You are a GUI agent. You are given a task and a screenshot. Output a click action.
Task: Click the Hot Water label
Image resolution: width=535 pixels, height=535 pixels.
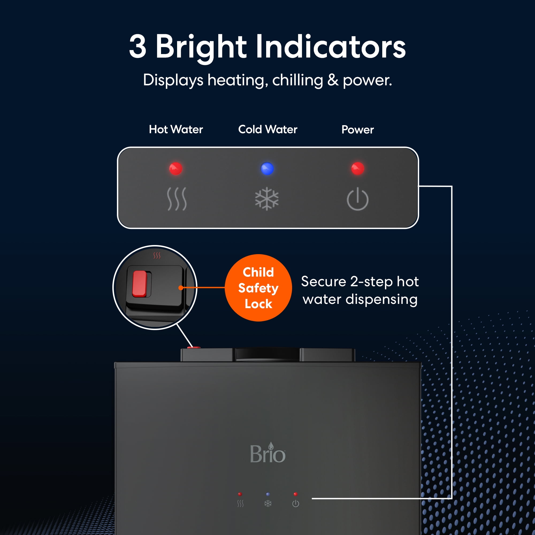[176, 129]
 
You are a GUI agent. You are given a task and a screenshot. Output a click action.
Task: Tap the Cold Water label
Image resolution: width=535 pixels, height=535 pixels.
[268, 129]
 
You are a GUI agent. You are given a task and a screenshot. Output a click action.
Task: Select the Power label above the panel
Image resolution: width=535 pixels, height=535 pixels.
[357, 129]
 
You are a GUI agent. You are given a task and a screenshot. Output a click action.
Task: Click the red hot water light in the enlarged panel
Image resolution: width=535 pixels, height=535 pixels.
[175, 169]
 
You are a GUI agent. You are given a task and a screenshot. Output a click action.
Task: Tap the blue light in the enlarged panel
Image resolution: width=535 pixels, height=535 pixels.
[267, 169]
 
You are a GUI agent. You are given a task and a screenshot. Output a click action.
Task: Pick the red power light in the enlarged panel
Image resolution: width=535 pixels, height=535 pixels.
[357, 168]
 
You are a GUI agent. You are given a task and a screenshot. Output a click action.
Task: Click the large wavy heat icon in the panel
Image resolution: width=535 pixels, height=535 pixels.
[177, 199]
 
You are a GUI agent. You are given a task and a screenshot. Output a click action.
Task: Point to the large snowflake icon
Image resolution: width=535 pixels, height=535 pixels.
[267, 199]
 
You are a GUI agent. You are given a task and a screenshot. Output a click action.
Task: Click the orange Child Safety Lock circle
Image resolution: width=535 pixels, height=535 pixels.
[258, 288]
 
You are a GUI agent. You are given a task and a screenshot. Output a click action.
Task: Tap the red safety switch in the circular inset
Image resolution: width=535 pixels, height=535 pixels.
[140, 284]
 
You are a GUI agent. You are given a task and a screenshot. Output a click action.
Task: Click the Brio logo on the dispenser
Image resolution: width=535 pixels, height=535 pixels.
[267, 453]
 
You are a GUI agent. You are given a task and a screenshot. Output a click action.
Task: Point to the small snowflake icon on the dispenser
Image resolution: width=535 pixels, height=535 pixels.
[268, 503]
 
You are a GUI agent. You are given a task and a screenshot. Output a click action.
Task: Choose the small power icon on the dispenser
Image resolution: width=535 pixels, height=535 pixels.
[296, 503]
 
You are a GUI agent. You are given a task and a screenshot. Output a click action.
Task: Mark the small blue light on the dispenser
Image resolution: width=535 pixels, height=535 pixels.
[268, 494]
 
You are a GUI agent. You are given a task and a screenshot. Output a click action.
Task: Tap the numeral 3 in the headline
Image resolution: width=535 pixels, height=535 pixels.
[137, 47]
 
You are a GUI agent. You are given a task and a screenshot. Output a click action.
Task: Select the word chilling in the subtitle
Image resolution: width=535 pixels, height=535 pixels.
[297, 80]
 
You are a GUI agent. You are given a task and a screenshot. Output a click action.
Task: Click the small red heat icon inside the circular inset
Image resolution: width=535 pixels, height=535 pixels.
[157, 255]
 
